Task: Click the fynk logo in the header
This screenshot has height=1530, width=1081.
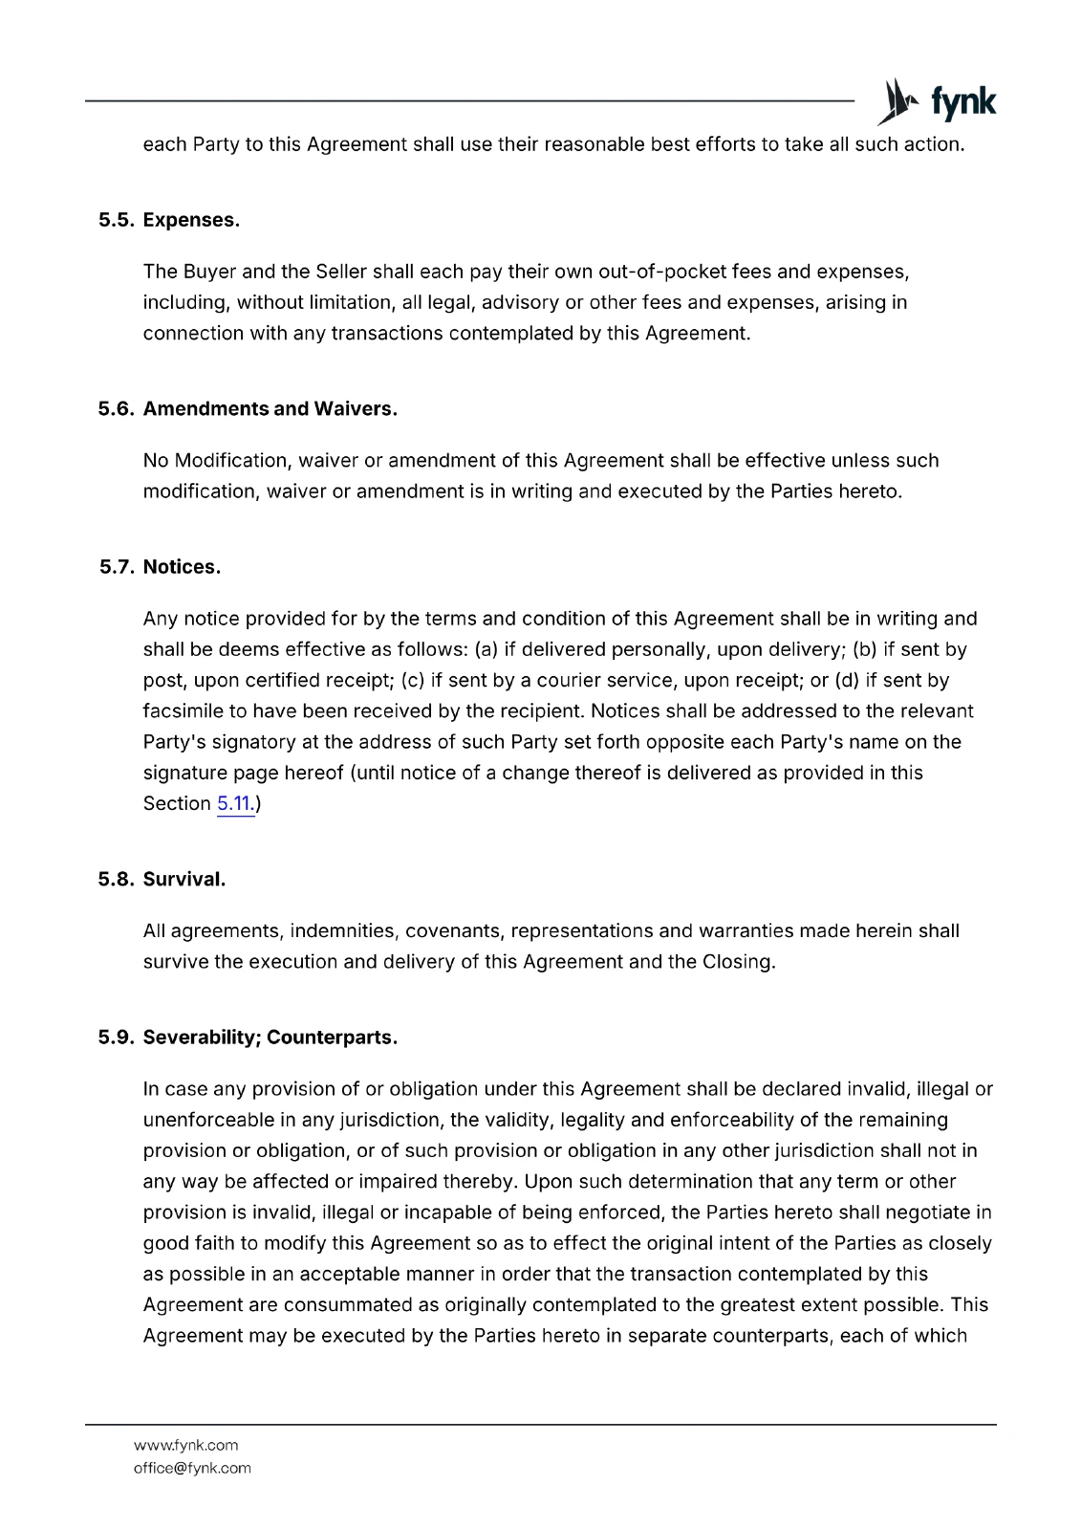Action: pos(937,102)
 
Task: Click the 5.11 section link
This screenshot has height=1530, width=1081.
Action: pos(234,803)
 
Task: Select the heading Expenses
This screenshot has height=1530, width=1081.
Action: pos(191,220)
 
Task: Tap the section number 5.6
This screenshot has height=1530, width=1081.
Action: pos(116,409)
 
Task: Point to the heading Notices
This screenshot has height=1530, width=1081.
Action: pos(182,567)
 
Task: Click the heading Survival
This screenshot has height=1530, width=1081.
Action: pos(184,880)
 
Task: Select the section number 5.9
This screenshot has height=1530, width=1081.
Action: pos(116,1038)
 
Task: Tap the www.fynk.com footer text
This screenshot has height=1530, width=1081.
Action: pos(185,1445)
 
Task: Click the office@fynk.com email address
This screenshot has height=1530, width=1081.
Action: pos(192,1468)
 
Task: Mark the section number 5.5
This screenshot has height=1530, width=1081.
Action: pos(116,220)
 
